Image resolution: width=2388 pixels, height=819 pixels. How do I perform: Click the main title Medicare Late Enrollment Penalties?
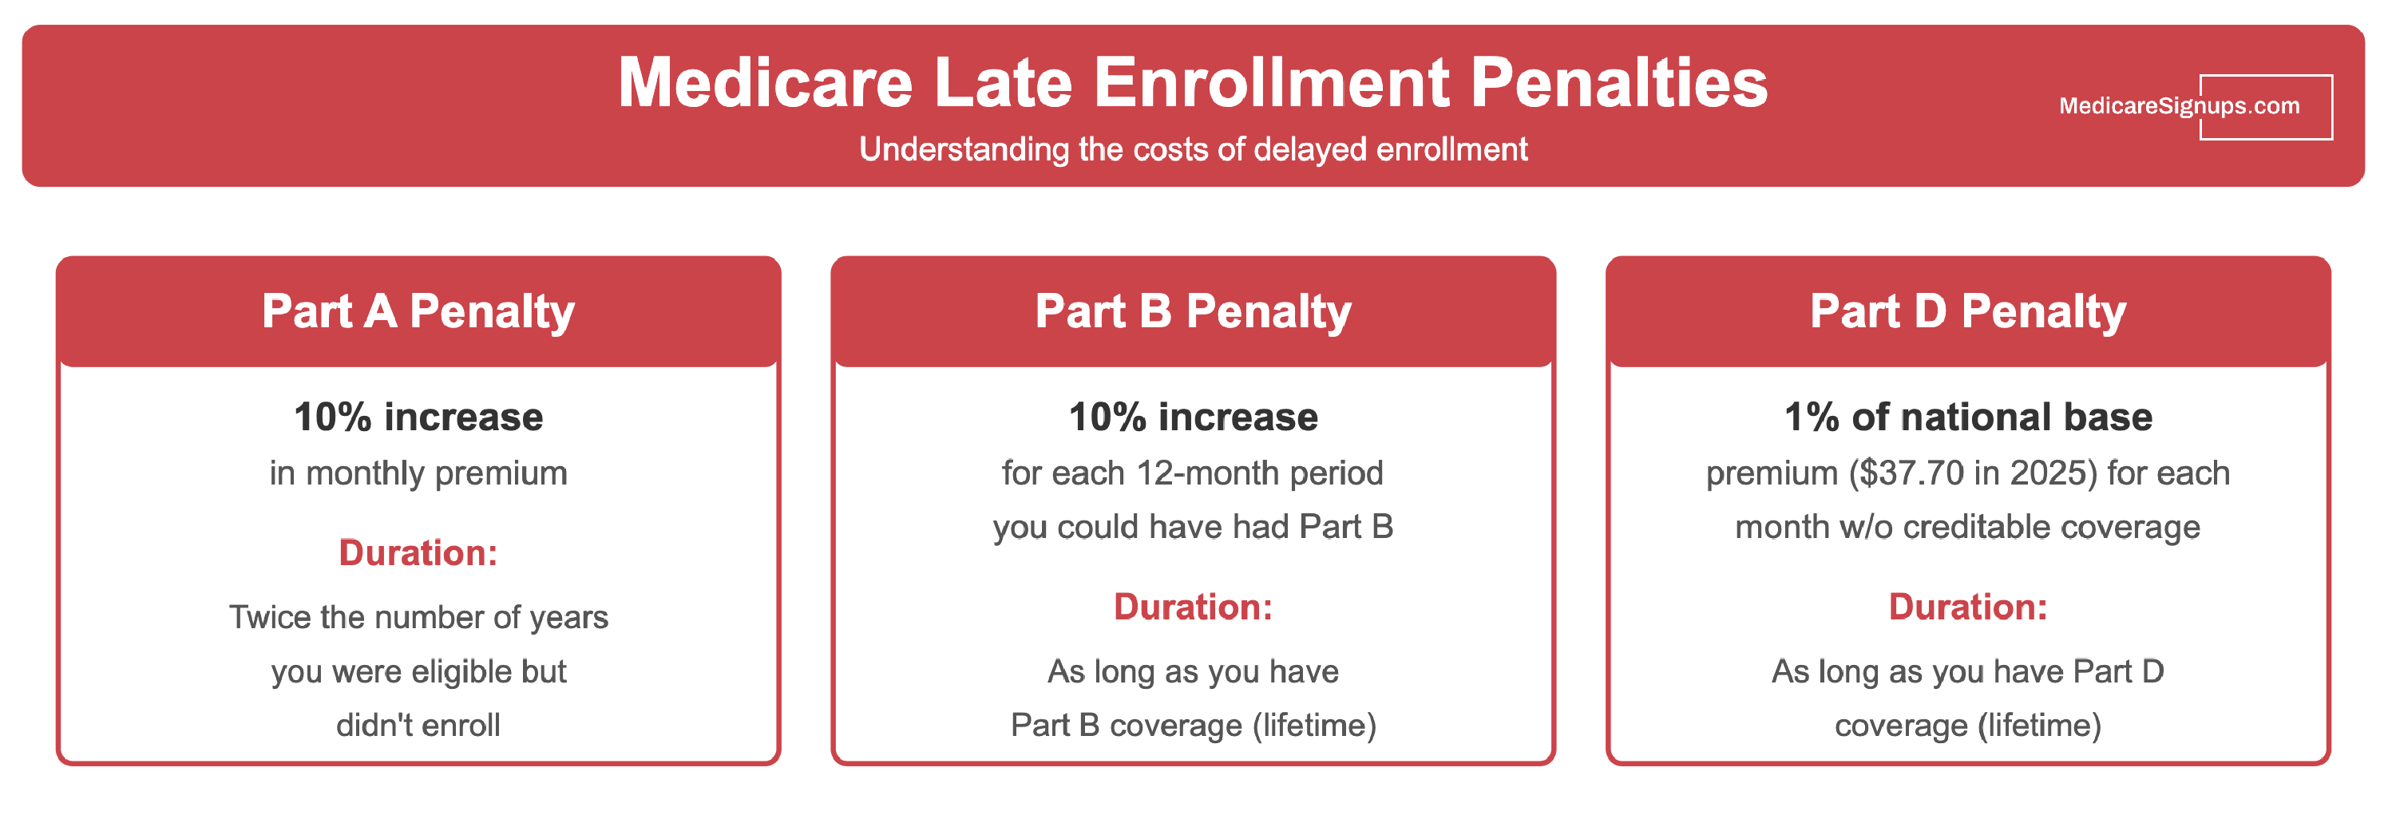pyautogui.click(x=1192, y=83)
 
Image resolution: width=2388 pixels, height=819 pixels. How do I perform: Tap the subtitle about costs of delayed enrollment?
pyautogui.click(x=1192, y=149)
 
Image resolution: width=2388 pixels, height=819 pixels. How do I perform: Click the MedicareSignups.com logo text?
pyautogui.click(x=2179, y=106)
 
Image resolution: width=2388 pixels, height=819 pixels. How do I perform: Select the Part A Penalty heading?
pyautogui.click(x=418, y=311)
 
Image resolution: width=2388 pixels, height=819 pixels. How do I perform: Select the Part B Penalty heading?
pyautogui.click(x=1193, y=311)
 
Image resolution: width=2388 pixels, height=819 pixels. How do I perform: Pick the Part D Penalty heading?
pyautogui.click(x=1967, y=311)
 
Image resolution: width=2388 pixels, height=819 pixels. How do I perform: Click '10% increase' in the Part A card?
pyautogui.click(x=418, y=417)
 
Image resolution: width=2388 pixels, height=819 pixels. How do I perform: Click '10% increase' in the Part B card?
pyautogui.click(x=1193, y=417)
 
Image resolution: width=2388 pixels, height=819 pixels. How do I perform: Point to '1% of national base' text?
pyautogui.click(x=1967, y=417)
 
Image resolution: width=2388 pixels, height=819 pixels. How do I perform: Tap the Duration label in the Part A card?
pyautogui.click(x=418, y=553)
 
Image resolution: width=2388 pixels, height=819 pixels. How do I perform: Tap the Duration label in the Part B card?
pyautogui.click(x=1193, y=607)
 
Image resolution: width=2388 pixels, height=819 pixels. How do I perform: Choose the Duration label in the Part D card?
pyautogui.click(x=1967, y=607)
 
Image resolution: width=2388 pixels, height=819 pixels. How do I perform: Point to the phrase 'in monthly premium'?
pyautogui.click(x=418, y=473)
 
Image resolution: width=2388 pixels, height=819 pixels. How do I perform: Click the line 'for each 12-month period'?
pyautogui.click(x=1193, y=473)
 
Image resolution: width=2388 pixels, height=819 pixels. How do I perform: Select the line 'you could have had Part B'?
pyautogui.click(x=1193, y=527)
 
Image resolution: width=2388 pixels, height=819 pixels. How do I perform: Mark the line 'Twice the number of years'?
pyautogui.click(x=418, y=617)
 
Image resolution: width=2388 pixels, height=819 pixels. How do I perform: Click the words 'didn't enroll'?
pyautogui.click(x=418, y=726)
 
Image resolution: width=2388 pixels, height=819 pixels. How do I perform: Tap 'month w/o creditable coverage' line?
pyautogui.click(x=1967, y=527)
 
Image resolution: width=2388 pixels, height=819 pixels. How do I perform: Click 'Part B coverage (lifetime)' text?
pyautogui.click(x=1193, y=726)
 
